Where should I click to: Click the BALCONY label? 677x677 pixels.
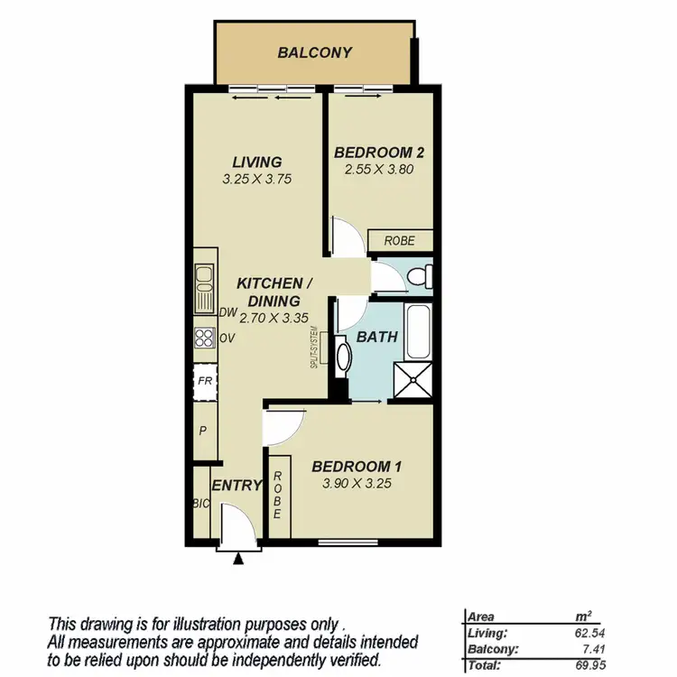pyautogui.click(x=314, y=52)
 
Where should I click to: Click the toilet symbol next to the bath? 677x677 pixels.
pyautogui.click(x=417, y=277)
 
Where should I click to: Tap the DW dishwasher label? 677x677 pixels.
pyautogui.click(x=227, y=313)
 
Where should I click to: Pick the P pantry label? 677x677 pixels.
pyautogui.click(x=202, y=430)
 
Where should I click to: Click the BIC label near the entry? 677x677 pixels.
pyautogui.click(x=200, y=504)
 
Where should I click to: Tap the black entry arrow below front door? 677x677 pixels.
pyautogui.click(x=238, y=560)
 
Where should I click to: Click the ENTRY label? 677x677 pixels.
pyautogui.click(x=236, y=486)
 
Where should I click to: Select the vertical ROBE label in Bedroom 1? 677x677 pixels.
pyautogui.click(x=279, y=495)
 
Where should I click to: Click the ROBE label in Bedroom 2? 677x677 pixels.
pyautogui.click(x=399, y=241)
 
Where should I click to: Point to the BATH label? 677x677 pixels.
pyautogui.click(x=376, y=337)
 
